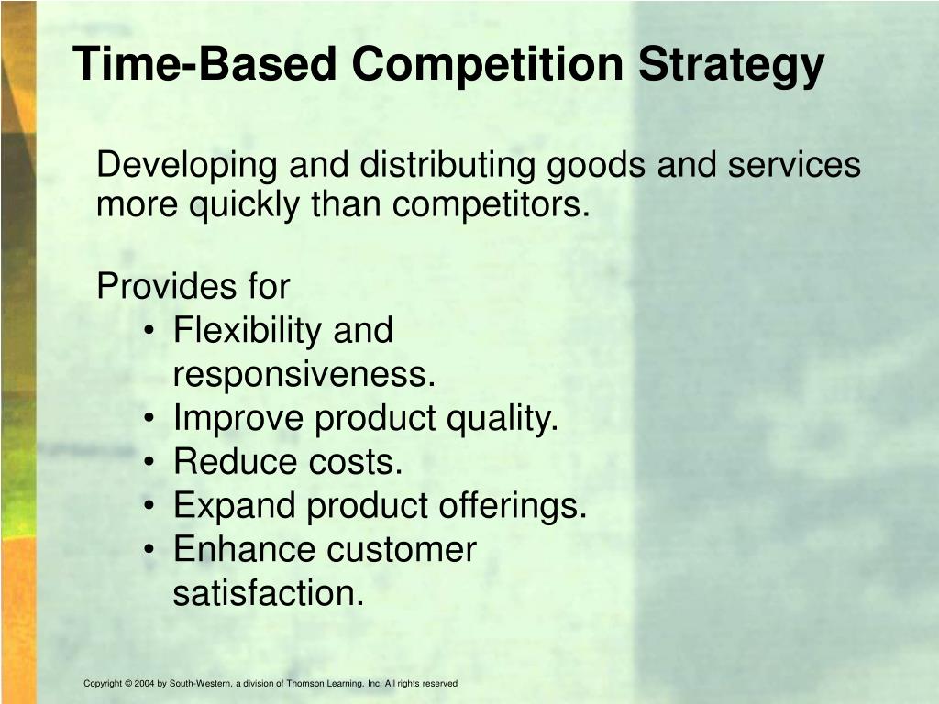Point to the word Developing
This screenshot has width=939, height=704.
tap(188, 167)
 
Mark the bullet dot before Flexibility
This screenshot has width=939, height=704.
tap(149, 332)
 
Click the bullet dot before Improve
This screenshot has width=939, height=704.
tap(149, 420)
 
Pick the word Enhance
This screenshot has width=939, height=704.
tap(244, 550)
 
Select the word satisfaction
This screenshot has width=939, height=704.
tap(268, 593)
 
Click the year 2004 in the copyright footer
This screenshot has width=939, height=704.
tap(144, 684)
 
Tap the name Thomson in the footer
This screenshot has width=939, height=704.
tap(305, 684)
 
